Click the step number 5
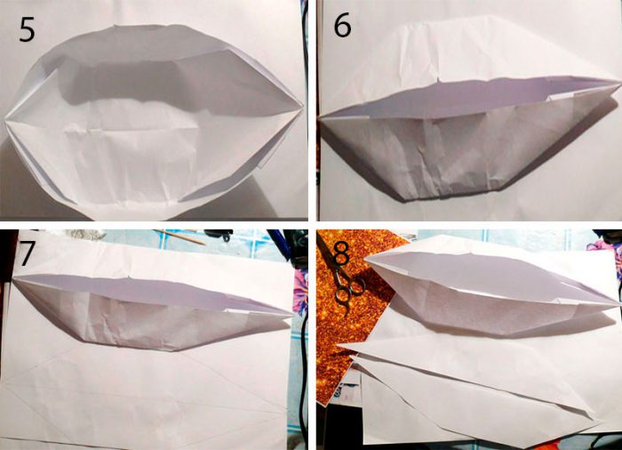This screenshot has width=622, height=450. pos(27,29)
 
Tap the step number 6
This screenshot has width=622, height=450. pos(342,27)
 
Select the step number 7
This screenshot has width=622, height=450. pos(27,253)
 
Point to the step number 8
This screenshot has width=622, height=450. pos(342,253)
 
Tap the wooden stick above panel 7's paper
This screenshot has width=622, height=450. pos(179,237)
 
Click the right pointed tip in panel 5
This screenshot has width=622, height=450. pos(303,107)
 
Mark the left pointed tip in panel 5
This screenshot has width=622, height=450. pos(4,118)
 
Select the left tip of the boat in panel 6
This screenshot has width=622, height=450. pos(320,117)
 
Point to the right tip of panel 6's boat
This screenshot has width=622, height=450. pos(618,82)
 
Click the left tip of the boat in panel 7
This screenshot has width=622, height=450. pos(14,278)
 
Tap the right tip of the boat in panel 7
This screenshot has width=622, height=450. pos(293,314)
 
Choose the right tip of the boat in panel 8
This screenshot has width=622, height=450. pos(618,305)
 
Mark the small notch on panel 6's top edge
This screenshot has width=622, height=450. pos(439,81)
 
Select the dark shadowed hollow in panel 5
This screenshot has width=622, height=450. pos(131,82)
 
